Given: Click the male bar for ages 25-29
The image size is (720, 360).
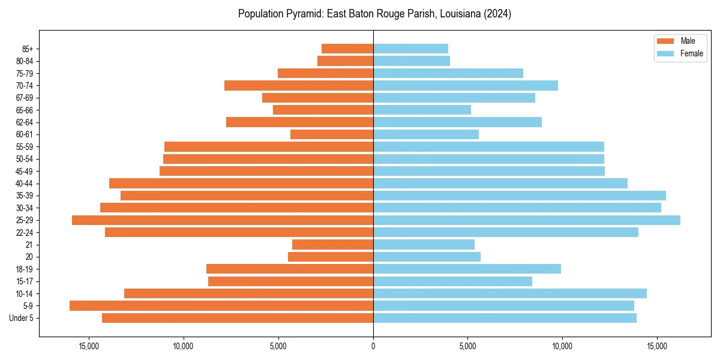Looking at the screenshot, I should (223, 220).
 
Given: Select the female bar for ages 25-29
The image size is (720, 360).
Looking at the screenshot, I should (527, 220).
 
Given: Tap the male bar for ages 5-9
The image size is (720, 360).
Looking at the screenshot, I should (221, 306).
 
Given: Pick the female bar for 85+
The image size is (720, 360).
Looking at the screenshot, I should (410, 49).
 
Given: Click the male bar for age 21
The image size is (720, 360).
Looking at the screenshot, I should (332, 245).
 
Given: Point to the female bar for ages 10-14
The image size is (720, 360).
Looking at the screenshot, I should (510, 293).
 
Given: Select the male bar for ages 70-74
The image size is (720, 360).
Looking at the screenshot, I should (299, 86).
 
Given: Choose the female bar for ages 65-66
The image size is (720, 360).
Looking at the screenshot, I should (422, 110).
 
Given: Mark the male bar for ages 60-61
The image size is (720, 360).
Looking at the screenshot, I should (332, 134).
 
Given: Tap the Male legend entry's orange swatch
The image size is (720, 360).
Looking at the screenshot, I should (665, 41).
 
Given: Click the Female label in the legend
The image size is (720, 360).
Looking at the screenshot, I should (691, 53).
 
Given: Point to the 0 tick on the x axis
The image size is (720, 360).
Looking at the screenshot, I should (373, 346).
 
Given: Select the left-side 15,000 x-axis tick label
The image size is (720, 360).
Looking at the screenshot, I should (88, 346).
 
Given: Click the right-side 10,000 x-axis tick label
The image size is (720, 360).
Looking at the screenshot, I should (562, 346).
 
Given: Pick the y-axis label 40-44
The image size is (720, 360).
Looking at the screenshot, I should (25, 184).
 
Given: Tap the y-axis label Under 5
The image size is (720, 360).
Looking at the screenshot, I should (22, 318).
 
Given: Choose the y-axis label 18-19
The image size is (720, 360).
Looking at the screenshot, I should (25, 269).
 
